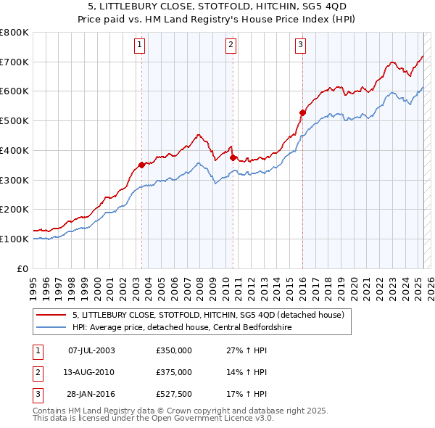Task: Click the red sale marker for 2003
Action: tap(141, 165)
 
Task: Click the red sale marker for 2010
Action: tap(233, 157)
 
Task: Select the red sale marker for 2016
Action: tap(302, 112)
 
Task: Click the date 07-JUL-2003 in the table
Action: tap(91, 350)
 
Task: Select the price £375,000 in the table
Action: tap(174, 372)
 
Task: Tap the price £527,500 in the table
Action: tap(174, 394)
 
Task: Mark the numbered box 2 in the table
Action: tap(37, 372)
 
